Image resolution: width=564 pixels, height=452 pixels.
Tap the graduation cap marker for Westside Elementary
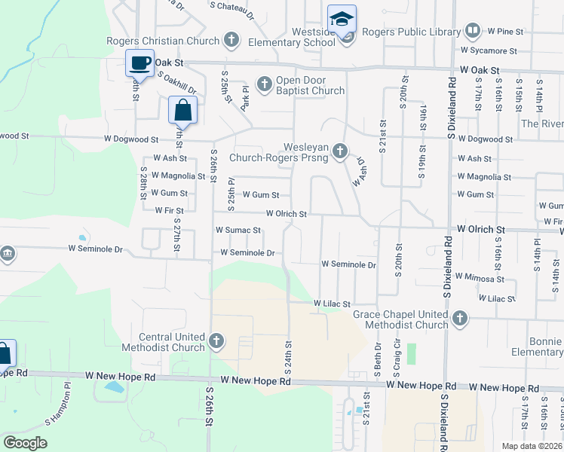pos(342,19)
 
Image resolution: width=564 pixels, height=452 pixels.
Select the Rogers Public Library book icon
pos(473,31)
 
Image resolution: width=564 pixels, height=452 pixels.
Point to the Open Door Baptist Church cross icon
pos(265,84)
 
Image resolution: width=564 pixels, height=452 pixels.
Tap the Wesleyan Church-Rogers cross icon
pos(340,152)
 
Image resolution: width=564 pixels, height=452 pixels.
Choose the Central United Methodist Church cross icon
pos(216,341)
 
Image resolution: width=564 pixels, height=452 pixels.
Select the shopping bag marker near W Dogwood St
pos(182,111)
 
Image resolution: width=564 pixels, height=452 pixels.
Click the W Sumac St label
pos(238,230)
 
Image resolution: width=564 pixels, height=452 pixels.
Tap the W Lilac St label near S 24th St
pos(333,303)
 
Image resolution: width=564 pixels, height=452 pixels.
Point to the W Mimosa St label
pos(480,278)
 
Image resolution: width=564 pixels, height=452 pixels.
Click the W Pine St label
pos(505,31)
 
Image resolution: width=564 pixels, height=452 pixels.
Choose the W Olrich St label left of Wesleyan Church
pos(286,214)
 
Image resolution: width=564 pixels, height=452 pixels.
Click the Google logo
pos(26,443)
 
